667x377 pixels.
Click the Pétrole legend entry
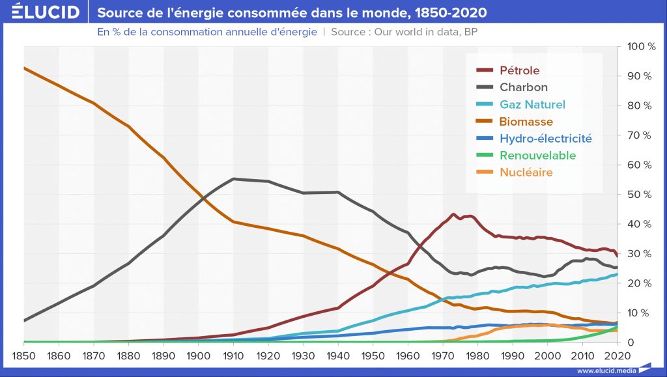[519, 70]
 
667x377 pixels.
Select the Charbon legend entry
[523, 87]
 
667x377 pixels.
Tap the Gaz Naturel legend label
[532, 104]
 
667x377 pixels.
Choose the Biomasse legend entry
[526, 122]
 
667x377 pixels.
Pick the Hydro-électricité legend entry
[546, 138]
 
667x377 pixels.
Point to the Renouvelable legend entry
[537, 156]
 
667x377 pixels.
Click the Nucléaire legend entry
[526, 173]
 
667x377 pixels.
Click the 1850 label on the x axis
[25, 356]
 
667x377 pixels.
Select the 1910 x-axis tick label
[233, 356]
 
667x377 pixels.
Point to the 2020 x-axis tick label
[616, 356]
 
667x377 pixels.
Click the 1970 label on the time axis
[442, 356]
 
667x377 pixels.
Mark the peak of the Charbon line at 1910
[233, 178]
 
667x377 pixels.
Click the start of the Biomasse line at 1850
[25, 68]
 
